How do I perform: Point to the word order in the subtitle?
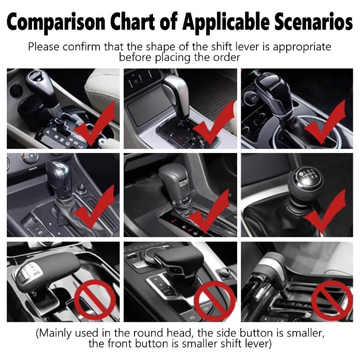click(x=228, y=58)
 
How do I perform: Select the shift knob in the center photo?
click(x=173, y=177)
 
